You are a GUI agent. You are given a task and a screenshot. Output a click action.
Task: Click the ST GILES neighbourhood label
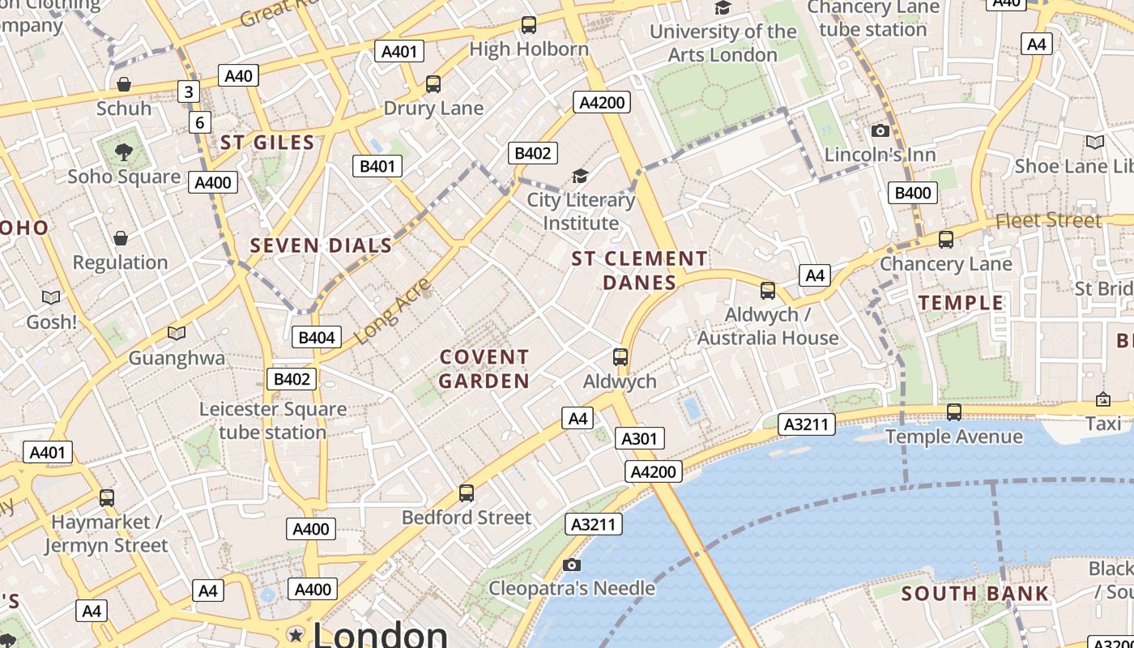tap(267, 143)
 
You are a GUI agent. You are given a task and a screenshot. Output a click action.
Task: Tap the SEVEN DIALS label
tap(321, 245)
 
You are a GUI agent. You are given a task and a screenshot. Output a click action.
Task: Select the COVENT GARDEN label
tap(484, 369)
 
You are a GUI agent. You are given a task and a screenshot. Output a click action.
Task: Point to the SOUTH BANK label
tap(975, 594)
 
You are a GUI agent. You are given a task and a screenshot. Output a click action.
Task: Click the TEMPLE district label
tap(961, 303)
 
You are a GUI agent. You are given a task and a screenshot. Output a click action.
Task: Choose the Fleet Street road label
tap(1048, 220)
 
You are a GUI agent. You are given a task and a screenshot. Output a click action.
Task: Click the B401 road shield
tap(377, 167)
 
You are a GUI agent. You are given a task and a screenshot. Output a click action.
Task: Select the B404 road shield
tap(317, 337)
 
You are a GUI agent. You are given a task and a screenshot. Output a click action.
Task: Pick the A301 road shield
tap(640, 439)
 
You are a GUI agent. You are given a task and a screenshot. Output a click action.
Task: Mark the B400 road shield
tap(913, 193)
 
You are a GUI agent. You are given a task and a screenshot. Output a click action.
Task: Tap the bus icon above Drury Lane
tap(433, 83)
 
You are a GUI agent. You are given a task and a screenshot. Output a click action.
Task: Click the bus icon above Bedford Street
tap(467, 492)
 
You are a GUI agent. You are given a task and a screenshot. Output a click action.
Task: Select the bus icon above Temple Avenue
tap(954, 412)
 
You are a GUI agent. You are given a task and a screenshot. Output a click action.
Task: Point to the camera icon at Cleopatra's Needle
tap(572, 565)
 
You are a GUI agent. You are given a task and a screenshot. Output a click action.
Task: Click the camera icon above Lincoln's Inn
tap(880, 130)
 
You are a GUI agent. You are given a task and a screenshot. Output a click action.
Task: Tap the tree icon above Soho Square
tap(124, 151)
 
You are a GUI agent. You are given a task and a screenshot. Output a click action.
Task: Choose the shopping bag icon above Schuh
tap(124, 84)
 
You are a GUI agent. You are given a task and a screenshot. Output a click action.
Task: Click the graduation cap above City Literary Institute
tap(580, 176)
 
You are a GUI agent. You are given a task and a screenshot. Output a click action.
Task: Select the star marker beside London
tap(296, 634)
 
